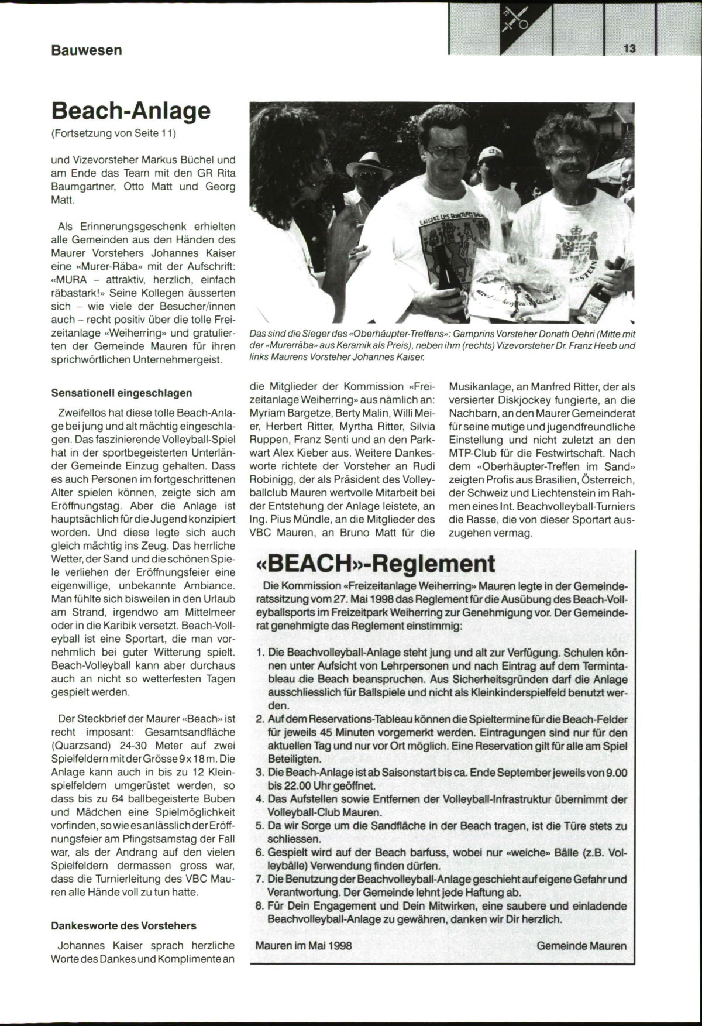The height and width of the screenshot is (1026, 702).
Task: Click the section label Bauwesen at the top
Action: pyautogui.click(x=87, y=50)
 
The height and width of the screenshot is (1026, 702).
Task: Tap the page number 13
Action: pyautogui.click(x=629, y=49)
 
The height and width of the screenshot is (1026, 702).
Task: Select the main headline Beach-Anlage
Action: pyautogui.click(x=130, y=110)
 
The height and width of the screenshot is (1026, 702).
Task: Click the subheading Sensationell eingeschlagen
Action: pyautogui.click(x=122, y=393)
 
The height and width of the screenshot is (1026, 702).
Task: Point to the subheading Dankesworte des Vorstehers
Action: pyautogui.click(x=124, y=925)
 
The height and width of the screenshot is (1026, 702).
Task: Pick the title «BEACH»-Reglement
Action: pyautogui.click(x=376, y=564)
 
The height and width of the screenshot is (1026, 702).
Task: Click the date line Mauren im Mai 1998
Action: pyautogui.click(x=304, y=945)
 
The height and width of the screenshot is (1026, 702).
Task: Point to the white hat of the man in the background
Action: pyautogui.click(x=369, y=159)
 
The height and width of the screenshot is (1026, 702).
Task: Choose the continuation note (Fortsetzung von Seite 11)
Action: pyautogui.click(x=114, y=133)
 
